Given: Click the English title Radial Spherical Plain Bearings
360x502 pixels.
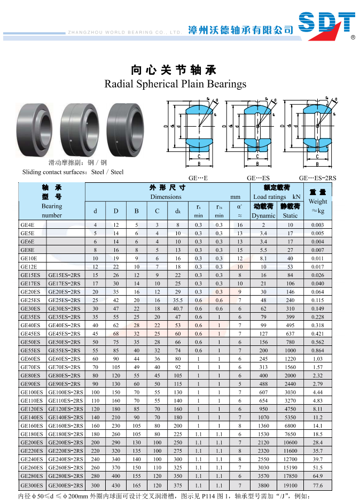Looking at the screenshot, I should [175, 84].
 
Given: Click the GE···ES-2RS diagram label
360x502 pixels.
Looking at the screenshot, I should [317, 178].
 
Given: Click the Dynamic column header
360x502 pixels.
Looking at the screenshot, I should [263, 215].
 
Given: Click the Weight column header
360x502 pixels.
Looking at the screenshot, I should [318, 202].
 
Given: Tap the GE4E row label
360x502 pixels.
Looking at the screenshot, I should [28, 225].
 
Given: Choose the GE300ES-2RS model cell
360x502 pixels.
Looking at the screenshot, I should [66, 485].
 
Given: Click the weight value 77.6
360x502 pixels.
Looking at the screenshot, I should [318, 485].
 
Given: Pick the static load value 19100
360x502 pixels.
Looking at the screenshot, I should [290, 485].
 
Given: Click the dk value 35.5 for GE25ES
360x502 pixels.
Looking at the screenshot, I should [178, 300].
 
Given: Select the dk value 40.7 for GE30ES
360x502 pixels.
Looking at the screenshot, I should [178, 308].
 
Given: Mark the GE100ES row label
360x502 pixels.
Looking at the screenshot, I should [32, 392].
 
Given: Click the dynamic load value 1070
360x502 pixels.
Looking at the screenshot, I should [263, 418].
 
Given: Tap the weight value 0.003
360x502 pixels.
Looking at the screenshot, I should [318, 225].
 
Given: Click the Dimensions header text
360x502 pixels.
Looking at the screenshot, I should [166, 197].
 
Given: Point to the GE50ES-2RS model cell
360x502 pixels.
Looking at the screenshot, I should [65, 342].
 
